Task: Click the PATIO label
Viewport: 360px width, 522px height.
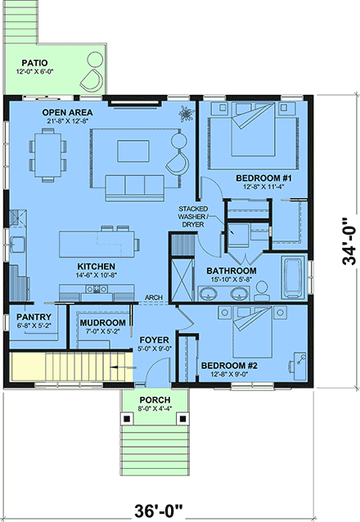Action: pyautogui.click(x=34, y=62)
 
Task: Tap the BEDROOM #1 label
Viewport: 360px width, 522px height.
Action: pyautogui.click(x=258, y=178)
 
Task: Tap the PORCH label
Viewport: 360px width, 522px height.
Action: pyautogui.click(x=152, y=401)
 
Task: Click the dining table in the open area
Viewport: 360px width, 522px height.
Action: pyautogui.click(x=48, y=153)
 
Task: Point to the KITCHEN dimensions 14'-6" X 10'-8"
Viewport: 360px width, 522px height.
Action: pyautogui.click(x=97, y=277)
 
